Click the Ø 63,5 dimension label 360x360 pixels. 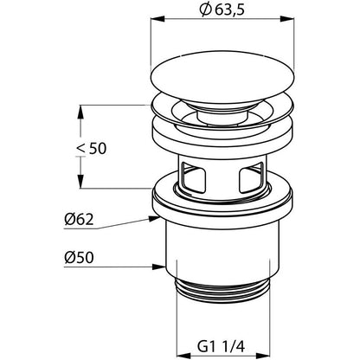pos(222,10)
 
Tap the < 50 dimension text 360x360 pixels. pos(92,149)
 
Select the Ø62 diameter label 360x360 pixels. pos(79,220)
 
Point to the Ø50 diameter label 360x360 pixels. pos(79,257)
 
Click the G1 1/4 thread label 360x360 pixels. pos(222,346)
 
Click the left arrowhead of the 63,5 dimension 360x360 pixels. pos(157,19)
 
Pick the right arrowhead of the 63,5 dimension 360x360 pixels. pos(287,19)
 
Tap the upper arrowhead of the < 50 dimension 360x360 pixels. pos(80,112)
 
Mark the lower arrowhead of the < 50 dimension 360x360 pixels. pos(80,182)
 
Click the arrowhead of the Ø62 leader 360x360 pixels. pos(154,219)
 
